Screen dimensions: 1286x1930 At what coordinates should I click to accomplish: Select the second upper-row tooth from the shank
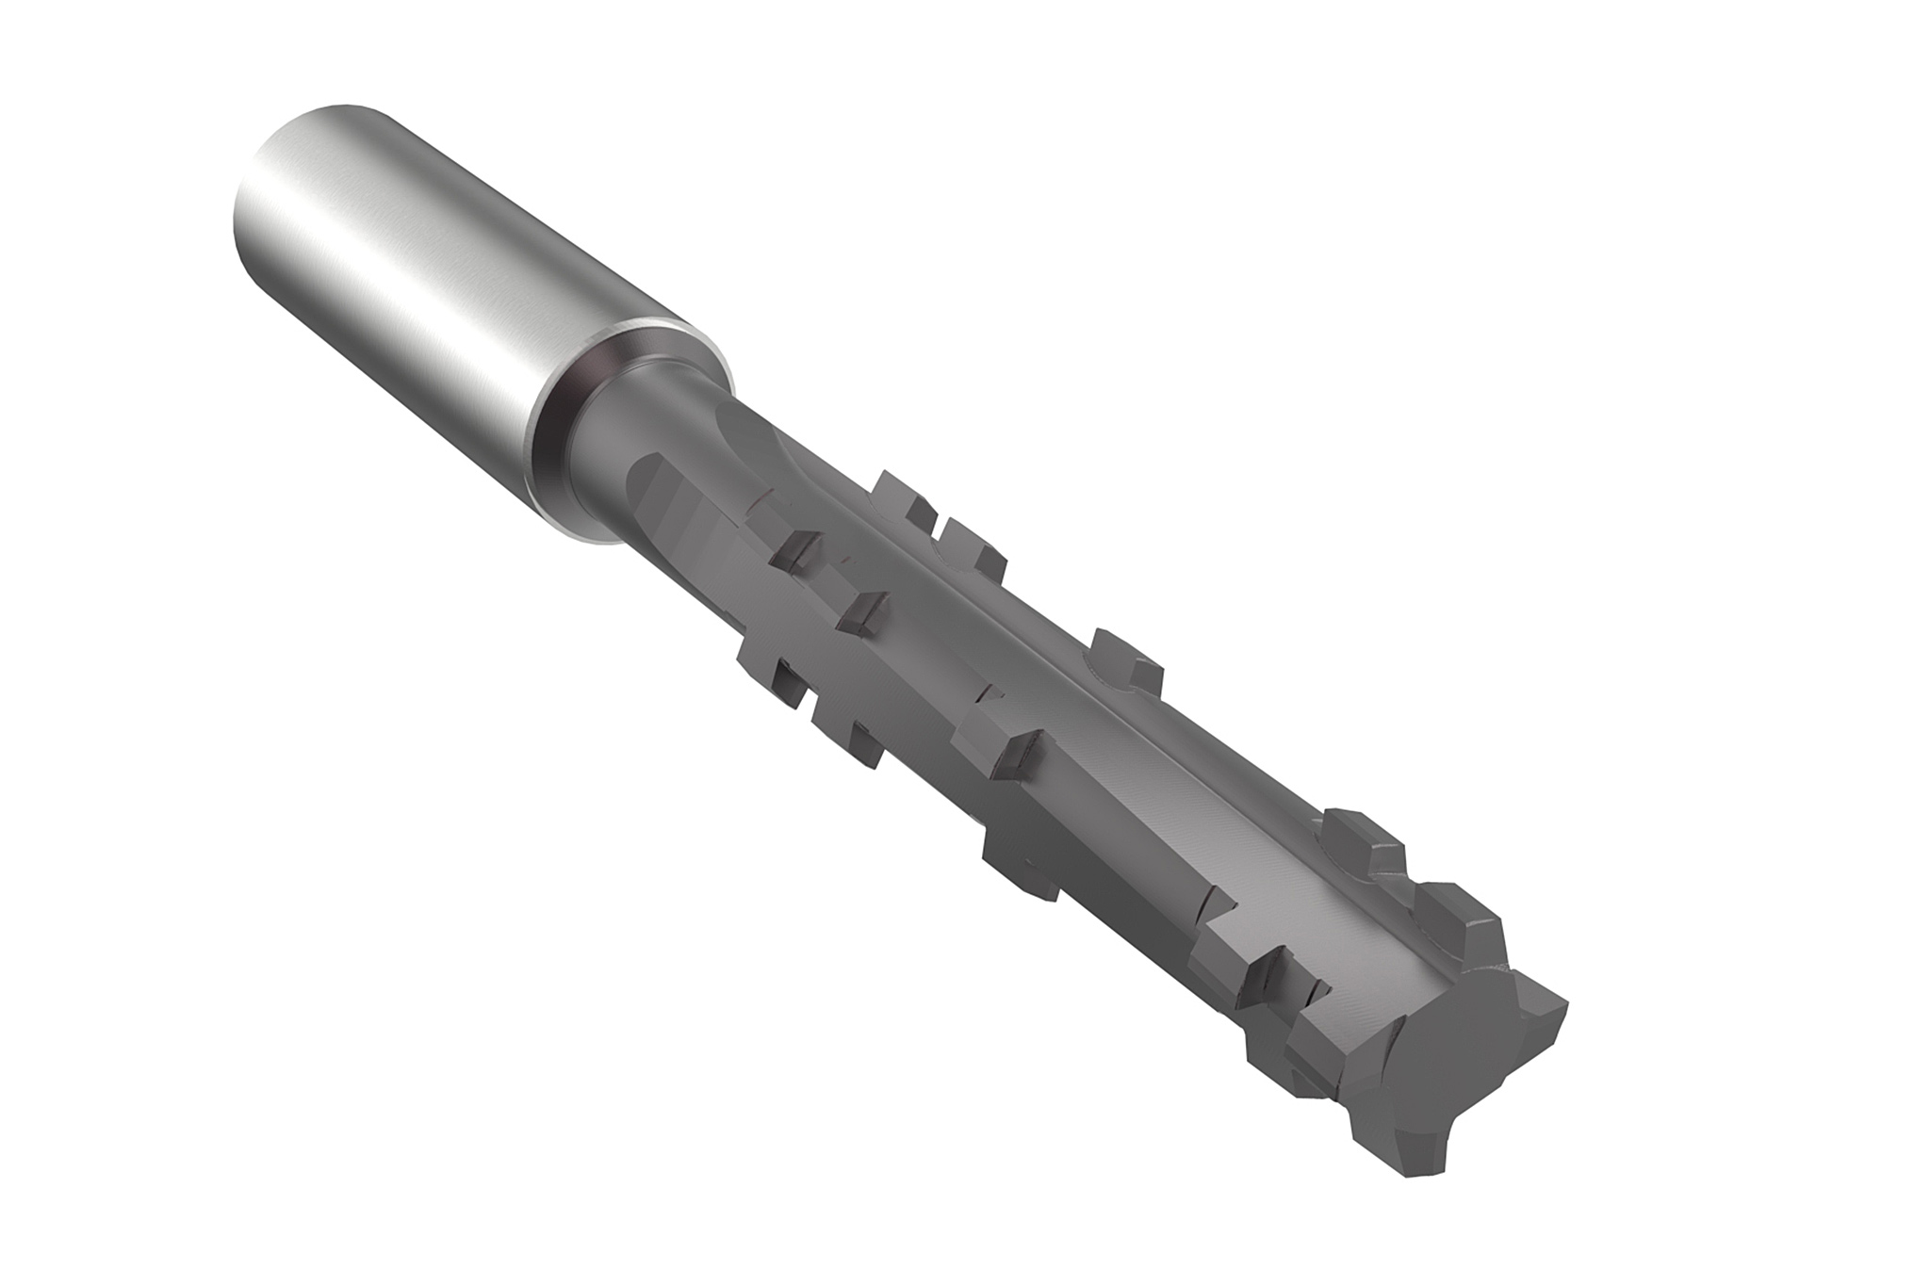click(x=971, y=551)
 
